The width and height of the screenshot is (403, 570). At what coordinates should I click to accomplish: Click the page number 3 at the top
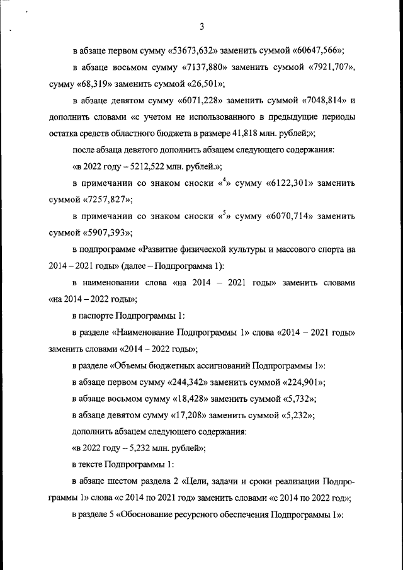[201, 26]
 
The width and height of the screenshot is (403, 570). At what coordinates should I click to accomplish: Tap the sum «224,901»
[300, 382]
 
